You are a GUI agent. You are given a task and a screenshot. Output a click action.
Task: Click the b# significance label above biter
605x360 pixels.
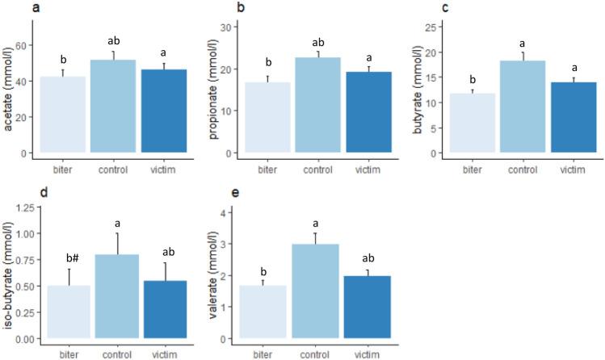62,258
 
